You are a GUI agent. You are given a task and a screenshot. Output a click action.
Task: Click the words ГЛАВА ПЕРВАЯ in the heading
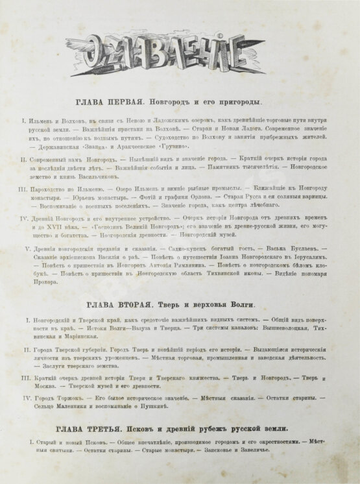[x=107, y=103]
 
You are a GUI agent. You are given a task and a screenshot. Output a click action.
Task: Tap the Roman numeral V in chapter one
[x=26, y=248]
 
